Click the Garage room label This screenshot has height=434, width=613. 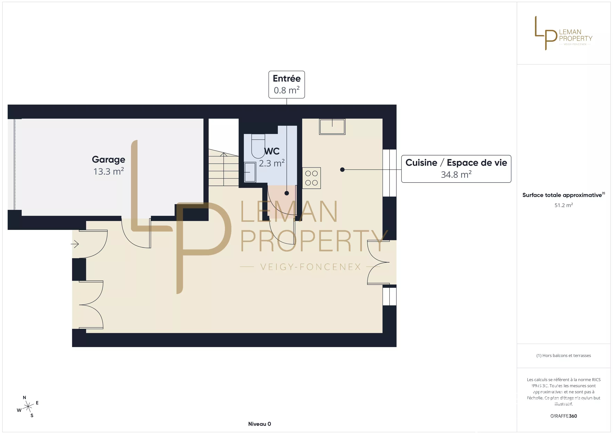(x=108, y=160)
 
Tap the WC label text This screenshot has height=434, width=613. (x=272, y=151)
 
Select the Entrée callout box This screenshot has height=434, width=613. (x=287, y=85)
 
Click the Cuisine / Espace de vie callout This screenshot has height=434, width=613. (x=456, y=169)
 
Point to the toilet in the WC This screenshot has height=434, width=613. (x=258, y=146)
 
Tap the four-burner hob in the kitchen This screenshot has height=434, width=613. (x=311, y=178)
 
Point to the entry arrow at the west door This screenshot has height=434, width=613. (x=75, y=244)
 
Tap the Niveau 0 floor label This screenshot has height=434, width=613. (x=260, y=424)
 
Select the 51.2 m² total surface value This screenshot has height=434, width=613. (x=564, y=205)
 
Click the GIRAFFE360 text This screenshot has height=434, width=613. (x=564, y=416)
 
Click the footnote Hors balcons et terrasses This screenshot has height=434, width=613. (x=564, y=355)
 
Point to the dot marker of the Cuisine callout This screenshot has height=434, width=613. (x=342, y=169)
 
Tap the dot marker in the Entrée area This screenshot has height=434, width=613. (x=287, y=193)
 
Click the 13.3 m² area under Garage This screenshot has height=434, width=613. (x=108, y=171)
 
